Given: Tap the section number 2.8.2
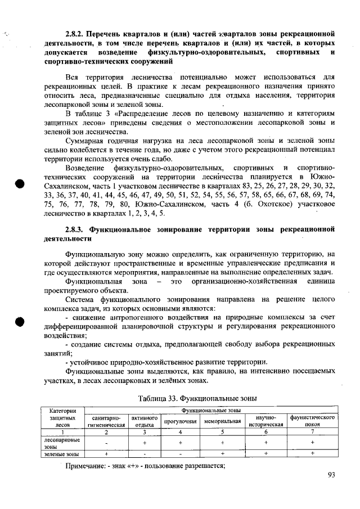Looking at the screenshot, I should pos(75,34).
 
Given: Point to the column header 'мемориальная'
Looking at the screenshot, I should pos(223,421).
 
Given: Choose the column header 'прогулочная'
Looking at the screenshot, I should pos(181,421).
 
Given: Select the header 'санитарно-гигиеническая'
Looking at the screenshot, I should pos(106,421).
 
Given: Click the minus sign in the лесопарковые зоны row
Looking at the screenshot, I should pos(106,443).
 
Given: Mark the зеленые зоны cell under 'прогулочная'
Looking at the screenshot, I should pos(181,453).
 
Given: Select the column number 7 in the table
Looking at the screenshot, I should pos(312,432).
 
